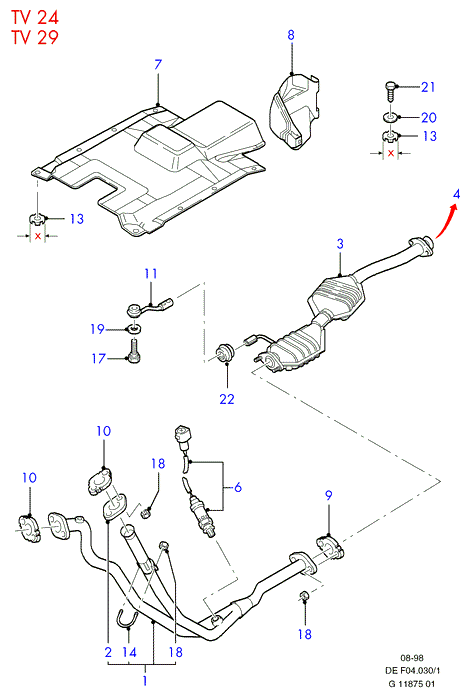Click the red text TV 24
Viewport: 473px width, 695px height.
(35, 17)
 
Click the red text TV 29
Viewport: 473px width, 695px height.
(35, 37)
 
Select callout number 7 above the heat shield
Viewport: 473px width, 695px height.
(158, 65)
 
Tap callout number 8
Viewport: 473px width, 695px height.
(291, 35)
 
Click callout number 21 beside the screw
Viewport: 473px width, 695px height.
(428, 87)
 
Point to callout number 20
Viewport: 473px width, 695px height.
(429, 117)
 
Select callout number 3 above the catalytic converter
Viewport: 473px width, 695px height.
(340, 244)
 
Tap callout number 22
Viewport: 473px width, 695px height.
(227, 399)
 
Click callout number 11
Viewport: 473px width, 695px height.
(151, 273)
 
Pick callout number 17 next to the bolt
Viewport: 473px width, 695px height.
(99, 358)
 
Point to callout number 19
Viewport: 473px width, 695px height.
(98, 329)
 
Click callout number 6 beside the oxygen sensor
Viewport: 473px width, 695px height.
(238, 488)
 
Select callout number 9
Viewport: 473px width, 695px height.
(328, 495)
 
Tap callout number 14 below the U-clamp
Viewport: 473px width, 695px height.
(129, 652)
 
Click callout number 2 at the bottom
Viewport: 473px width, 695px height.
(109, 652)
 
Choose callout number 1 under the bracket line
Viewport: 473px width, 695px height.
(145, 680)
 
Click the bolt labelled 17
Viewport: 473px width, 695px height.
(134, 350)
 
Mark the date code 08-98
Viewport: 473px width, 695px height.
(412, 658)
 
